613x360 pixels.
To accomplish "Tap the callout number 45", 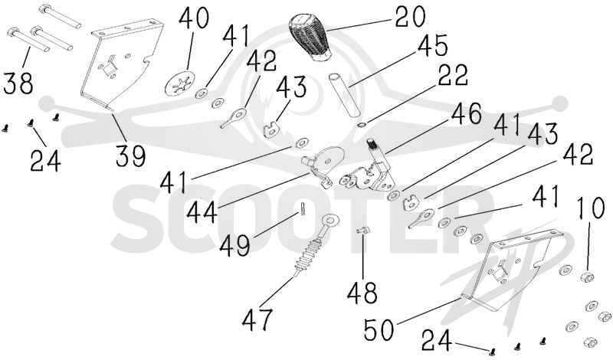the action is pyautogui.click(x=432, y=46).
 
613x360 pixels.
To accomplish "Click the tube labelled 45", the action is pyautogui.click(x=343, y=94).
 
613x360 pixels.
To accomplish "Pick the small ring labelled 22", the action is pyautogui.click(x=362, y=125).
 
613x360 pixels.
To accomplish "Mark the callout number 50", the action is pyautogui.click(x=379, y=329).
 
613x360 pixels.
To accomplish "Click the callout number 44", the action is pyautogui.click(x=202, y=213).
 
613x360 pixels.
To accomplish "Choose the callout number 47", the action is pyautogui.click(x=257, y=319).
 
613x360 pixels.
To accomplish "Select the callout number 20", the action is pyautogui.click(x=410, y=17).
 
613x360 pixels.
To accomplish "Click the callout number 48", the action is pyautogui.click(x=362, y=292).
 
